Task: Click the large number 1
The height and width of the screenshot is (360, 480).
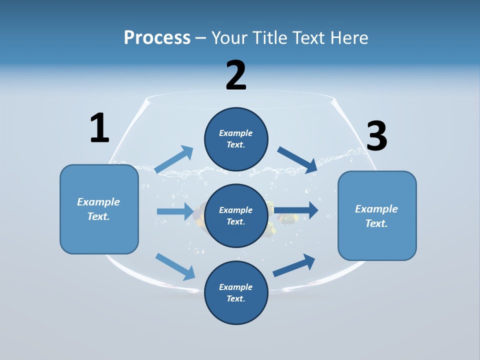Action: (99, 128)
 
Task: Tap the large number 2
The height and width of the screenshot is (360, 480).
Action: (236, 75)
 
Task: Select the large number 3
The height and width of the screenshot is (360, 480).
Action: (377, 136)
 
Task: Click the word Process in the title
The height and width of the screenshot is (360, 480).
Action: (157, 37)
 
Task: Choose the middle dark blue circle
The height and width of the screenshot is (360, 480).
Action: (236, 215)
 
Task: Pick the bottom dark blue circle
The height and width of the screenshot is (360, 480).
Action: (236, 292)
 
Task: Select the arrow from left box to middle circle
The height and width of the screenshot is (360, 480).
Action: (175, 211)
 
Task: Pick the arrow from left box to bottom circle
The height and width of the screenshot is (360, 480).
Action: (175, 266)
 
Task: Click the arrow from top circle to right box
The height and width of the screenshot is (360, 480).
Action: (297, 160)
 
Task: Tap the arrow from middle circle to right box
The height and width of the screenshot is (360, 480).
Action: (296, 210)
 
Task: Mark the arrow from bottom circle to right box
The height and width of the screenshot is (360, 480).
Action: (294, 265)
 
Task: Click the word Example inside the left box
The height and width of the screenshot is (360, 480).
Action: (98, 202)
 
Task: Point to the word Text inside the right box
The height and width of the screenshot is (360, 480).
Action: (376, 223)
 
